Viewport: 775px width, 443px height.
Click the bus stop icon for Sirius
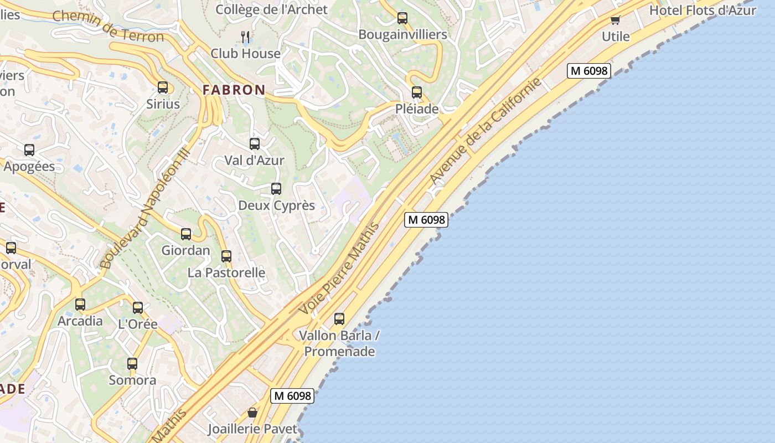point(162,87)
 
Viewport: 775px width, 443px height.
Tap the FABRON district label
point(234,90)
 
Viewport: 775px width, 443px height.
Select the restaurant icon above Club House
point(246,37)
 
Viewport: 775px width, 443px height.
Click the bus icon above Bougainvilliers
point(402,18)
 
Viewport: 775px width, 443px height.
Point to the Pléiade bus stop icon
point(417,92)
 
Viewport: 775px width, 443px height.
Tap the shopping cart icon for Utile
point(615,20)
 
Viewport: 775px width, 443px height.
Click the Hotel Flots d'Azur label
point(702,10)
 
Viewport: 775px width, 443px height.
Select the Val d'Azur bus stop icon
point(255,144)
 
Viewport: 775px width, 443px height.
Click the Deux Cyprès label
point(276,205)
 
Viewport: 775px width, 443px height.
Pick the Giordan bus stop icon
point(186,234)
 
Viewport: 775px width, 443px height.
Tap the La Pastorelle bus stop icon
point(226,256)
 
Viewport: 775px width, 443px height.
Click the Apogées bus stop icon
point(29,150)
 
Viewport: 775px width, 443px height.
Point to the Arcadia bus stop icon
point(80,305)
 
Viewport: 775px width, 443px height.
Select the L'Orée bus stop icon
point(138,308)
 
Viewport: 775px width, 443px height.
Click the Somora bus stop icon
point(132,364)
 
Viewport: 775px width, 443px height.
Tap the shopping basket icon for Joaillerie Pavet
point(252,413)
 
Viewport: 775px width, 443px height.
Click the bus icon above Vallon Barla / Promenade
point(339,319)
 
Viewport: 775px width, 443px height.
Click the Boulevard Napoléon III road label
point(146,209)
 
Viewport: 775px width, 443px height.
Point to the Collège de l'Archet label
point(271,9)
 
